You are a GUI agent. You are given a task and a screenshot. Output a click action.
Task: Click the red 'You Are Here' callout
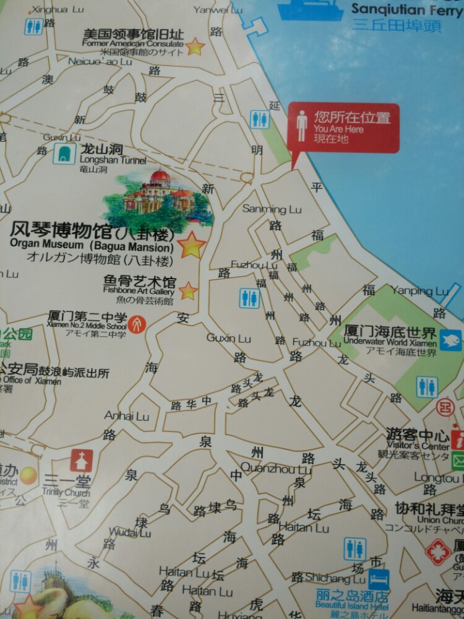click(x=343, y=128)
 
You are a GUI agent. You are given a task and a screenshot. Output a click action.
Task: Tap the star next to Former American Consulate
click(x=195, y=46)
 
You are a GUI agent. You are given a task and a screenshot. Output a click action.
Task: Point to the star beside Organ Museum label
click(x=192, y=245)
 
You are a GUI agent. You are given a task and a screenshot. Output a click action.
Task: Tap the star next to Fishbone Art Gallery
click(x=187, y=290)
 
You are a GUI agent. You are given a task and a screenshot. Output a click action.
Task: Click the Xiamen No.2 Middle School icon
click(x=137, y=324)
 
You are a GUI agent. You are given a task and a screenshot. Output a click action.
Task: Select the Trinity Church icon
click(x=81, y=461)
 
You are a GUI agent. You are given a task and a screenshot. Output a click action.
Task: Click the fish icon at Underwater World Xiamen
click(x=450, y=340)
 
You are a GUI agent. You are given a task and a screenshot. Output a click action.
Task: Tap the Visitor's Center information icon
click(x=458, y=439)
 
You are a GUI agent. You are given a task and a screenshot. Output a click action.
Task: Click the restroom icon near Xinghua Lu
click(x=33, y=27)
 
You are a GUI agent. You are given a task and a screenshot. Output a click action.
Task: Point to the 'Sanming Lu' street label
click(x=272, y=209)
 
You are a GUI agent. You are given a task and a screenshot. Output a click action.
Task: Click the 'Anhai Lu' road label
click(x=127, y=416)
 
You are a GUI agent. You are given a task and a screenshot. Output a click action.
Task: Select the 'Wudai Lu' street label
click(x=129, y=532)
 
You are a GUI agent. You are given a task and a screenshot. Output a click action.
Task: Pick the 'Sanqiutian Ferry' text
click(x=406, y=9)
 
